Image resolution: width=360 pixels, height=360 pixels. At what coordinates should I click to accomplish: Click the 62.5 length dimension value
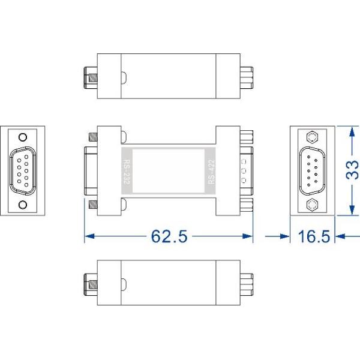click(169, 236)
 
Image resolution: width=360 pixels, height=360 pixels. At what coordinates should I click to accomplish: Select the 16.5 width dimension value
click(314, 236)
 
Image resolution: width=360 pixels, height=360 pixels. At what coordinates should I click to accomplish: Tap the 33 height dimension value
click(352, 170)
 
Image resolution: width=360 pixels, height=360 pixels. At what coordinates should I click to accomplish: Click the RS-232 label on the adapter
click(127, 172)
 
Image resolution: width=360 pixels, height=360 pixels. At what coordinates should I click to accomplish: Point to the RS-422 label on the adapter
click(211, 172)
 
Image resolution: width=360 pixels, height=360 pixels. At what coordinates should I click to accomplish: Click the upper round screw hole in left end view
click(23, 137)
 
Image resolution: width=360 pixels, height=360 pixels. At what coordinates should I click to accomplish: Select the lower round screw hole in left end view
click(23, 205)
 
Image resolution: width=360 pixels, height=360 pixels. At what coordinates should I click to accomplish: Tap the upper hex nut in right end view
click(312, 137)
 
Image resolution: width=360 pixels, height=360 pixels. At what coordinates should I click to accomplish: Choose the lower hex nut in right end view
click(312, 205)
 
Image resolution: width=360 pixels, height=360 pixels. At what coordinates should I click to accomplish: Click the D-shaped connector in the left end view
click(23, 171)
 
